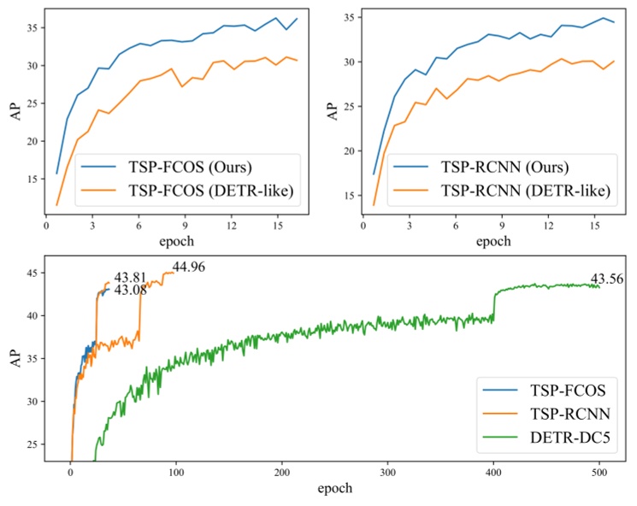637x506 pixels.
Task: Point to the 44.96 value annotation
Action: (x=190, y=268)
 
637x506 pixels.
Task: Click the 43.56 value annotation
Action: (x=608, y=279)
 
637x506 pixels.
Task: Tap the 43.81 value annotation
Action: (x=131, y=277)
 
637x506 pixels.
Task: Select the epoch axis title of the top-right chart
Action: (x=492, y=241)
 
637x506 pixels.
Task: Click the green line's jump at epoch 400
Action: (x=494, y=304)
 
